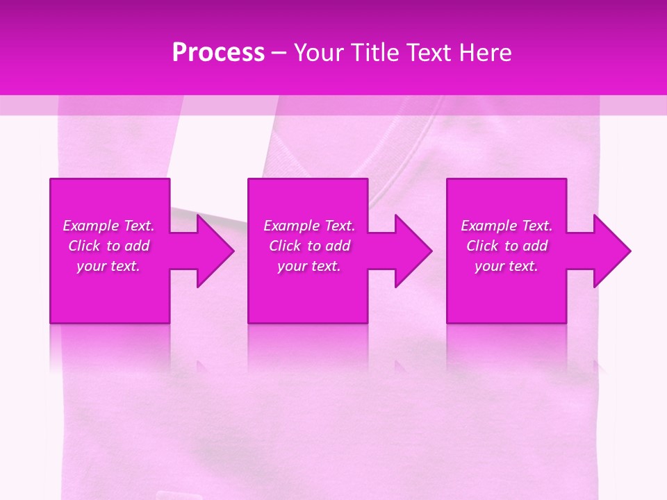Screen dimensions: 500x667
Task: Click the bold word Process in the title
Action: tap(218, 53)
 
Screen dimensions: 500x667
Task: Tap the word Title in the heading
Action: tap(375, 53)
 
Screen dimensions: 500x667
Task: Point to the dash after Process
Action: tap(279, 53)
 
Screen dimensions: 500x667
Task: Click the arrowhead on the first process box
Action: tap(215, 251)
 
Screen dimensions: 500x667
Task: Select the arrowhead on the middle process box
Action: tap(414, 251)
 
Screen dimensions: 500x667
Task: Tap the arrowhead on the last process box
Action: tap(612, 251)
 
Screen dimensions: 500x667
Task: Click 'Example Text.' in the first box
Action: tap(108, 226)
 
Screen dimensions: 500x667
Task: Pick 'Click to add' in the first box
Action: tap(108, 246)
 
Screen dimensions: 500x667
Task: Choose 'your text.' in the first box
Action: tap(108, 266)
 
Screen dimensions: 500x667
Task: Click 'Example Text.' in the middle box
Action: tap(309, 226)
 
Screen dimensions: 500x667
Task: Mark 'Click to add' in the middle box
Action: tap(309, 246)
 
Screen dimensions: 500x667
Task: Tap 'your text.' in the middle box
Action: tap(309, 266)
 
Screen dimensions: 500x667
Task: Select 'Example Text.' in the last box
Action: tap(507, 226)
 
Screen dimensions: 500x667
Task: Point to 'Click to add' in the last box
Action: tap(507, 246)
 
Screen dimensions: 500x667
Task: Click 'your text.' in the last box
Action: tap(507, 266)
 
